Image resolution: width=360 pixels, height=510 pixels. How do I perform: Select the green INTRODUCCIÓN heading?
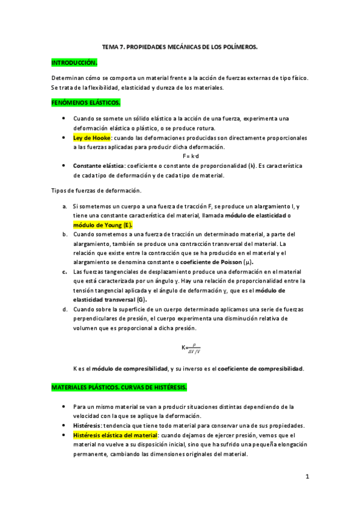pos(73,62)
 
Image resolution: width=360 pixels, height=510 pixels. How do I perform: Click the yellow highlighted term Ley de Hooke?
pos(92,138)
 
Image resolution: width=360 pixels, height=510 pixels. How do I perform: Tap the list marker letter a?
pos(64,206)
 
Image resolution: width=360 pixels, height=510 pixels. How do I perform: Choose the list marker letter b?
pos(64,233)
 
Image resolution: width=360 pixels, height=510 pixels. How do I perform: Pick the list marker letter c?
pos(64,271)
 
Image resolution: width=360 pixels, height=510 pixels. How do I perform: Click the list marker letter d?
pos(64,309)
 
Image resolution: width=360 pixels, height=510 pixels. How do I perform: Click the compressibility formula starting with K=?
pos(193,348)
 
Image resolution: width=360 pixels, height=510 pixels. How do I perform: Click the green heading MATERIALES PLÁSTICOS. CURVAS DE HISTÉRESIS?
pos(119,387)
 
